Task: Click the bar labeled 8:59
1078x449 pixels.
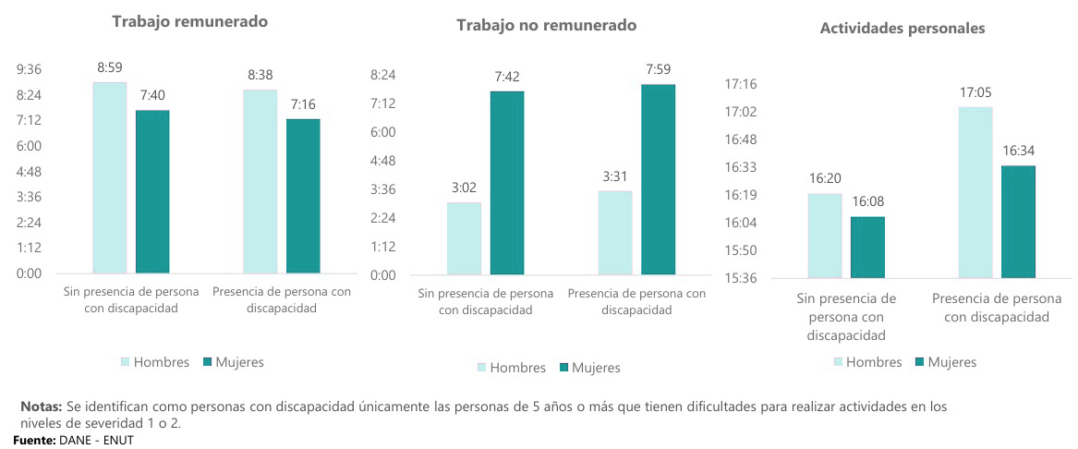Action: [110, 178]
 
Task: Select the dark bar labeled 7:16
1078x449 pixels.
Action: [303, 196]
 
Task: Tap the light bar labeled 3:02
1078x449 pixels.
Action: [464, 238]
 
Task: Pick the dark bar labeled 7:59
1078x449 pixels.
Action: [659, 179]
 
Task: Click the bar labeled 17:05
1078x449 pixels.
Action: [975, 192]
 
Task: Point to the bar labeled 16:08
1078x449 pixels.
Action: [867, 247]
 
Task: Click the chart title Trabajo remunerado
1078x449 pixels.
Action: [189, 21]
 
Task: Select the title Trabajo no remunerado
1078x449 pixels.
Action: [546, 25]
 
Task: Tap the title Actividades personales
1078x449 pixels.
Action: [902, 29]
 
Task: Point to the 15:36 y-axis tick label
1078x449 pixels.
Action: [739, 278]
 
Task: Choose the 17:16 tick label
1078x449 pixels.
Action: [739, 84]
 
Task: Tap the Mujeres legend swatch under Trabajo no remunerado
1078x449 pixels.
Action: [563, 368]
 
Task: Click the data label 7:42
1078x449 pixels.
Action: [507, 77]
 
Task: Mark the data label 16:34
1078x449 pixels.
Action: [1018, 152]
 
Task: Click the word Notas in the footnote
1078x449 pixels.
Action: [42, 407]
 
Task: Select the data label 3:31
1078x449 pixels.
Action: [615, 176]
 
